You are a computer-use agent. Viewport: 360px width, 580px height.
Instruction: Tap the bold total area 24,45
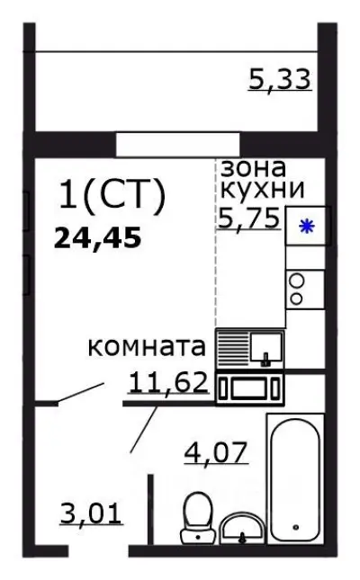pyautogui.click(x=99, y=238)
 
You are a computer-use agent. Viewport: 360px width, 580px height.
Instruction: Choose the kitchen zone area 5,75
pyautogui.click(x=248, y=217)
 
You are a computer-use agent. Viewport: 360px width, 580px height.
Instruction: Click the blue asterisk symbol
pyautogui.click(x=307, y=227)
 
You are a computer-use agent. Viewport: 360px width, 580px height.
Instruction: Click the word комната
pyautogui.click(x=148, y=347)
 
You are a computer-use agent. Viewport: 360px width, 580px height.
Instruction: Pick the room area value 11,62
pyautogui.click(x=169, y=384)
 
